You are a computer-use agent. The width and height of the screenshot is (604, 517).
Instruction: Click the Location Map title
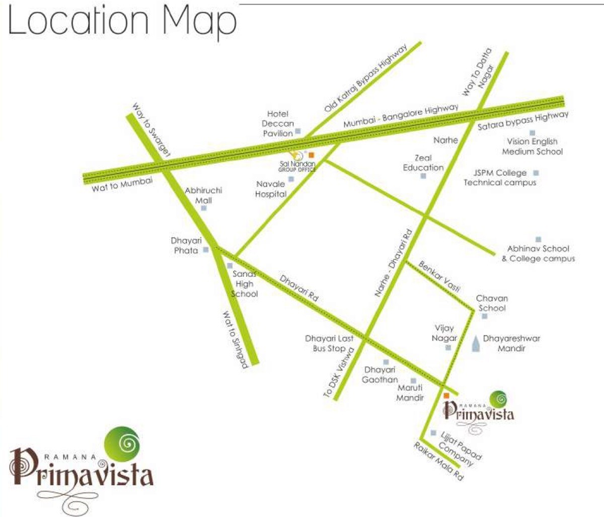click(122, 21)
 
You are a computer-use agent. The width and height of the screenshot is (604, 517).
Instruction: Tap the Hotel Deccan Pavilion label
click(277, 124)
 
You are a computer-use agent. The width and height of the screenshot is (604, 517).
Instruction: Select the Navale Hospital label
click(271, 189)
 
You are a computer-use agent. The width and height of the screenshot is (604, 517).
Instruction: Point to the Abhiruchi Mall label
click(203, 195)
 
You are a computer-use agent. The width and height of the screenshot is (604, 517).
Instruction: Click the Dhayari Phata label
click(186, 246)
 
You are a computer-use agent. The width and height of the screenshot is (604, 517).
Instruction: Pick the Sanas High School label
click(245, 284)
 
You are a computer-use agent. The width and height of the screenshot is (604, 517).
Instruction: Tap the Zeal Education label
click(423, 163)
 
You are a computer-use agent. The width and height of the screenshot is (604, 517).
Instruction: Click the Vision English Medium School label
click(532, 146)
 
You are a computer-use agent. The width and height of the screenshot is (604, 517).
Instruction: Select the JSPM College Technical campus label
click(500, 178)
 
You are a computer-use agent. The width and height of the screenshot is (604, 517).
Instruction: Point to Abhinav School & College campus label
click(538, 253)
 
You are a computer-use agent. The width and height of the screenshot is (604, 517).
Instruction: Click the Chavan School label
click(492, 303)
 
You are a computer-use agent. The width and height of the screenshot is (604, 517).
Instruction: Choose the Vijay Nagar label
click(444, 333)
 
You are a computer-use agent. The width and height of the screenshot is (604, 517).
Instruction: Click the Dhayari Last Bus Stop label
click(329, 343)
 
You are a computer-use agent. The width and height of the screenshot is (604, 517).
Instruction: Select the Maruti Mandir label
click(410, 393)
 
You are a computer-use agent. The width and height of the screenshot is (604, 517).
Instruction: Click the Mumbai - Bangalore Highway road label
click(401, 116)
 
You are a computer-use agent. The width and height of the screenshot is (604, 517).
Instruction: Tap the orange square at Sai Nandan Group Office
click(311, 155)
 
